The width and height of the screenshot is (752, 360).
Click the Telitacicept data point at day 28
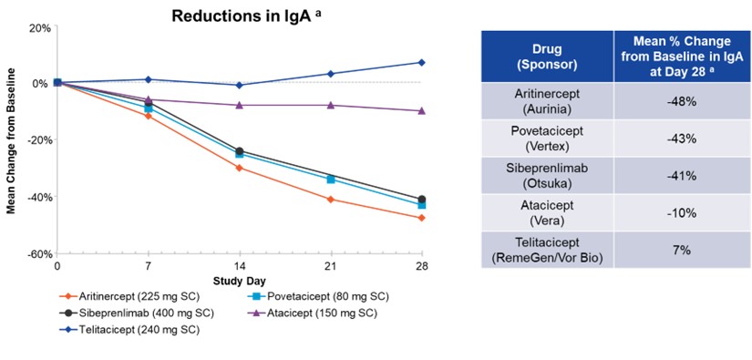(421, 62)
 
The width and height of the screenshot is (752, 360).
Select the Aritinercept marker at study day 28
(421, 218)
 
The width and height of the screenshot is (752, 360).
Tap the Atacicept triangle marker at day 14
(239, 105)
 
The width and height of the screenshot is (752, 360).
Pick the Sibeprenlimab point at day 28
(421, 200)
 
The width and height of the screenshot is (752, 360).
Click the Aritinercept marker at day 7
(148, 116)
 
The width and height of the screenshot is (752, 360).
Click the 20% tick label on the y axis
(39, 26)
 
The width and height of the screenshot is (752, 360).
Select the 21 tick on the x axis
(330, 268)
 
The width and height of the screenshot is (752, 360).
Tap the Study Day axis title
(239, 281)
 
